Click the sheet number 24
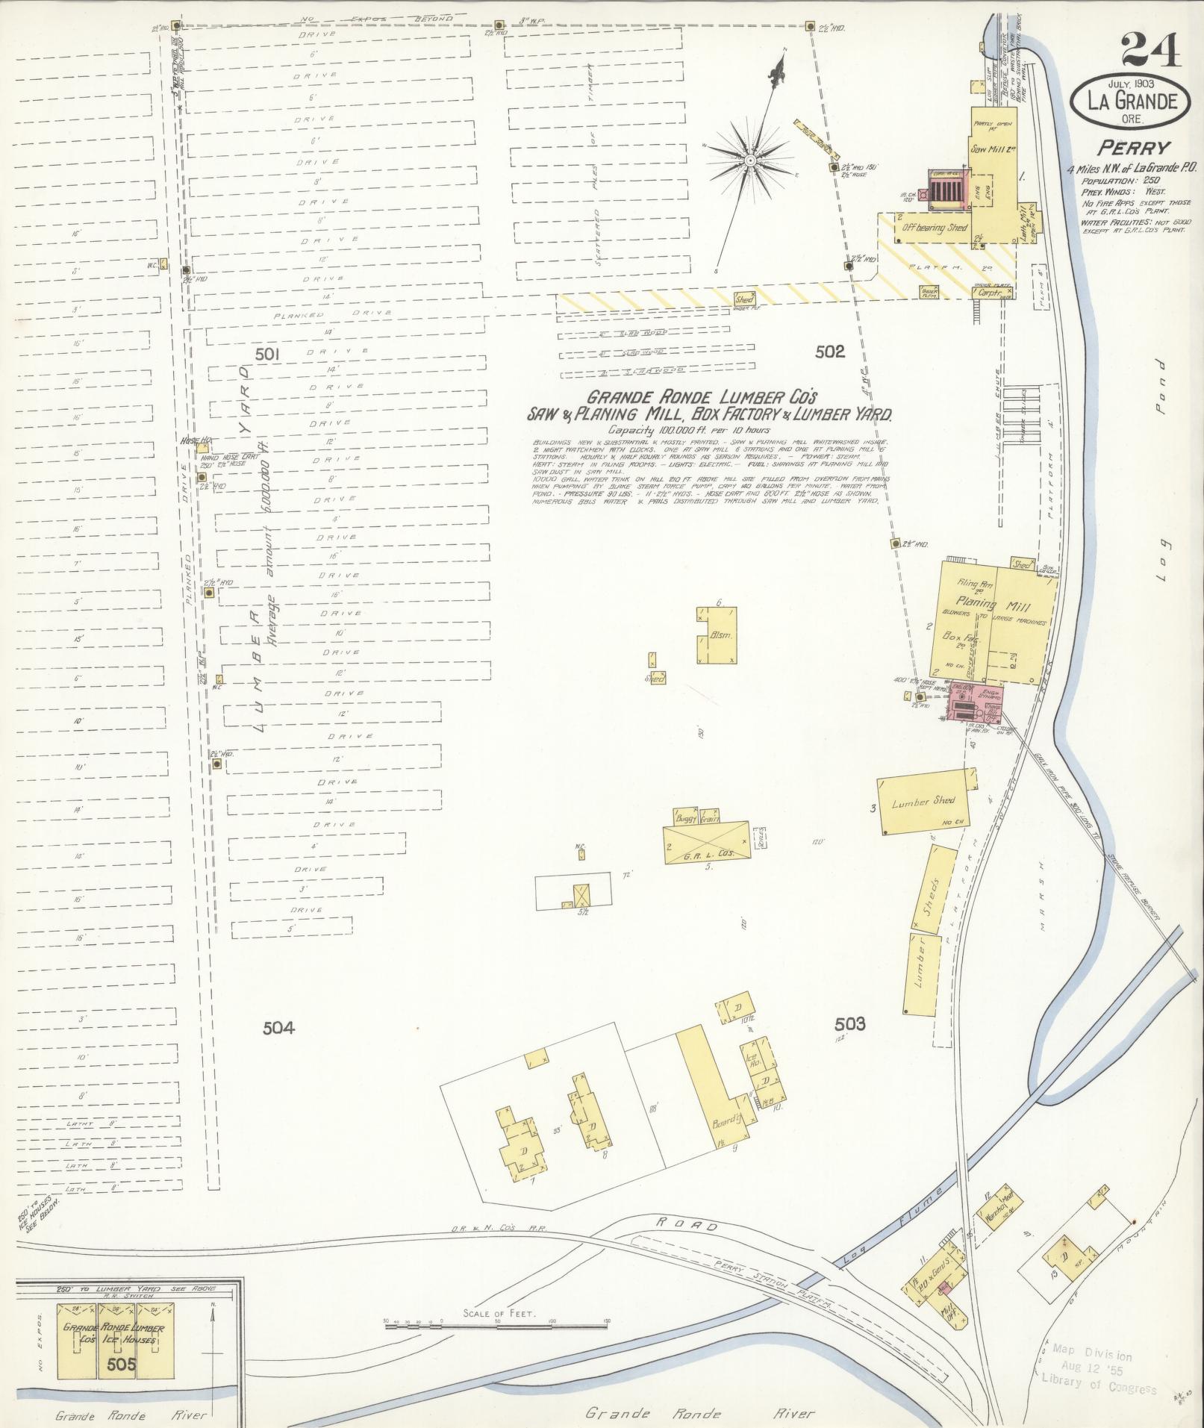(1150, 51)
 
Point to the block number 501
(266, 355)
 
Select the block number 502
(829, 352)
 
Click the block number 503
(850, 1024)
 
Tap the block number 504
(278, 1028)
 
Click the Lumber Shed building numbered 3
(924, 802)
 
